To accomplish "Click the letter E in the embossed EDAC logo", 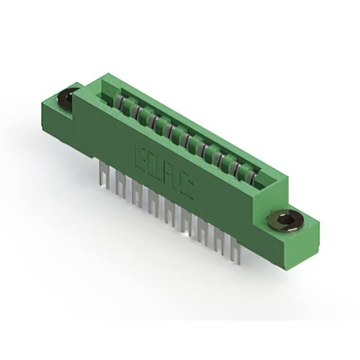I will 142,156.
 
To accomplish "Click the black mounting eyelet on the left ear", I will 68,98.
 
